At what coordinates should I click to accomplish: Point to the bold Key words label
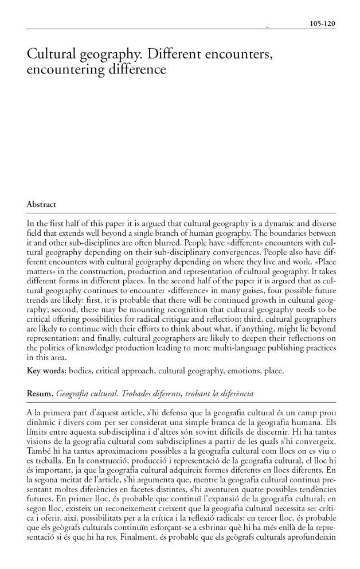46,371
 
